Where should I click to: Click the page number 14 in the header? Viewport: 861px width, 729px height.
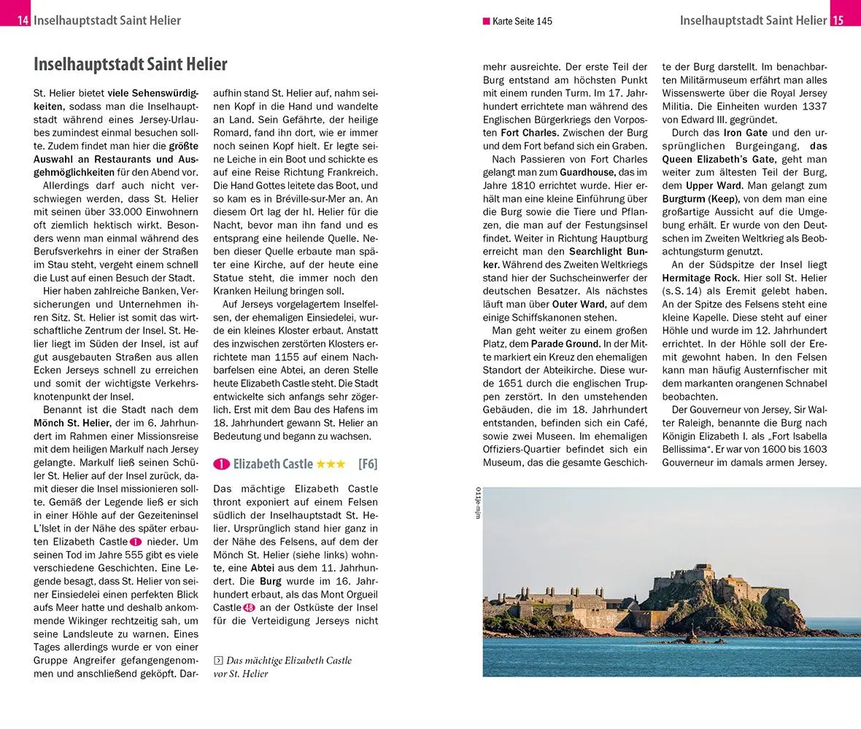pos(23,20)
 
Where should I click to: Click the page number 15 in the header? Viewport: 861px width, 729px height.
pos(838,20)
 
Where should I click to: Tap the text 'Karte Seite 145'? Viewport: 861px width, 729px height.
pos(522,21)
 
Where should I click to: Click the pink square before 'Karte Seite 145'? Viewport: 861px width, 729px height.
pos(486,21)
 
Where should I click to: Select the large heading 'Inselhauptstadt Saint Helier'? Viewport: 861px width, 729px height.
pos(131,64)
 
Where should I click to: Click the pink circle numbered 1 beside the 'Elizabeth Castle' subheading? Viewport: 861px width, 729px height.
pos(221,464)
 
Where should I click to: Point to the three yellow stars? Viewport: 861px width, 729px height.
pos(331,464)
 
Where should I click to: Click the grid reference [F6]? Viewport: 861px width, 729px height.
pos(368,464)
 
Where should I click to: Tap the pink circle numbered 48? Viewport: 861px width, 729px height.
pos(249,607)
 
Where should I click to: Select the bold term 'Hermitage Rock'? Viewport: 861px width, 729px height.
pos(699,278)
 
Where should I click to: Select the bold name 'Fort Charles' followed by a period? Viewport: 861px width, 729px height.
pos(531,133)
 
